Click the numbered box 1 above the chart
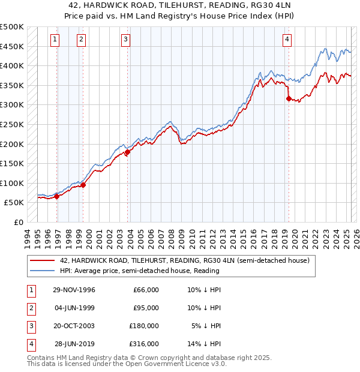click(x=55, y=40)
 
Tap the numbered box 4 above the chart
click(x=287, y=40)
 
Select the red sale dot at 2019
click(x=289, y=98)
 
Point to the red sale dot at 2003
click(x=128, y=152)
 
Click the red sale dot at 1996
click(x=57, y=196)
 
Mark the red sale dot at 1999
click(x=83, y=185)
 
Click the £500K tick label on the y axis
click(x=12, y=27)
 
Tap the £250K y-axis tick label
click(x=12, y=124)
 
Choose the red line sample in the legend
click(x=42, y=260)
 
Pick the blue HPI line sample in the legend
click(x=42, y=271)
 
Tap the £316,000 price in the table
click(x=145, y=344)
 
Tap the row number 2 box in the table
click(x=30, y=308)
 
